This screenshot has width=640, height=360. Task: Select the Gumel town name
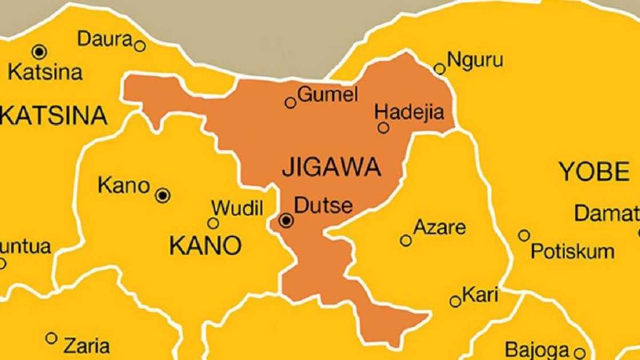(x=327, y=94)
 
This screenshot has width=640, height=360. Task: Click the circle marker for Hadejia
(x=383, y=128)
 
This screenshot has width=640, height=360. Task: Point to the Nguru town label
(x=475, y=60)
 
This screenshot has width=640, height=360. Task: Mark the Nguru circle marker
(x=439, y=69)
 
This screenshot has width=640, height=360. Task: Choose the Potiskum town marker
(x=524, y=235)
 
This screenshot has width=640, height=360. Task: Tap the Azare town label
(x=439, y=227)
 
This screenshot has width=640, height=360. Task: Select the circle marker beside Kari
(x=455, y=302)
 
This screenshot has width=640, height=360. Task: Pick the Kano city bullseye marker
(x=163, y=196)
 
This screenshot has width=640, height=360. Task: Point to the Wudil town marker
(x=213, y=223)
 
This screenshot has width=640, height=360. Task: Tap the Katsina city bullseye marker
(x=39, y=52)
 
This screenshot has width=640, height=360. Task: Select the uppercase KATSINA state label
(x=54, y=116)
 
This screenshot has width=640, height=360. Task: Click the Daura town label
(x=105, y=39)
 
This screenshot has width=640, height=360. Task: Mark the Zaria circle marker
(x=51, y=338)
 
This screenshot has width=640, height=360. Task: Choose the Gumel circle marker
(x=290, y=103)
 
